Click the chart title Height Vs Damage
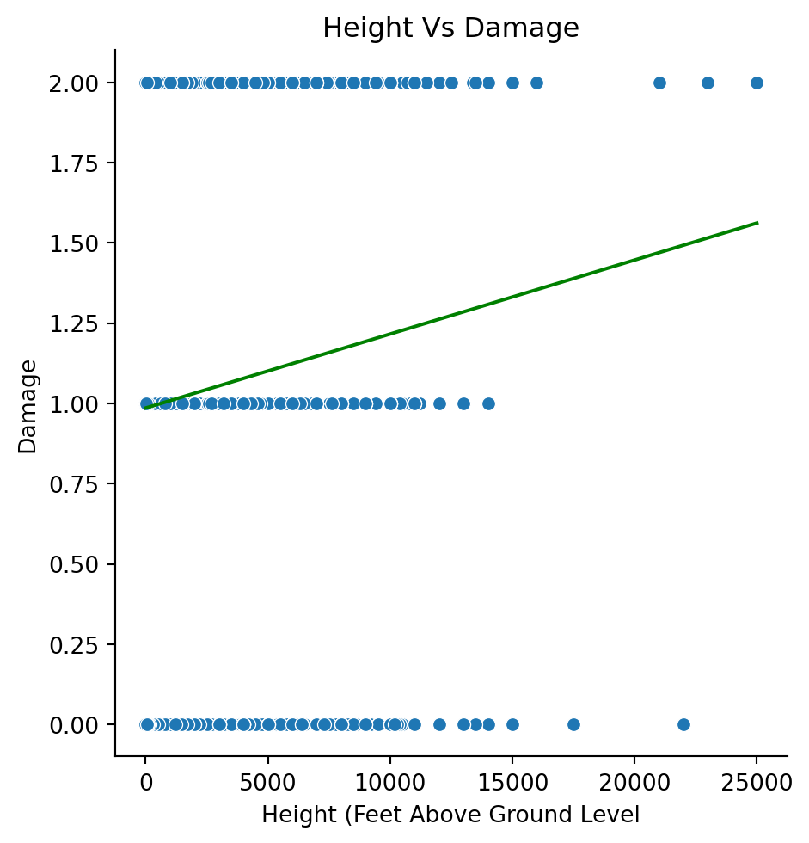(450, 28)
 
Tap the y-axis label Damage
(28, 406)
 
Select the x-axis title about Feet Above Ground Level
(450, 814)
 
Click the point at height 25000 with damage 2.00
(757, 83)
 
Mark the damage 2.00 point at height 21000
(659, 83)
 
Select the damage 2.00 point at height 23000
(708, 83)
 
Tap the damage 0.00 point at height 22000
(683, 724)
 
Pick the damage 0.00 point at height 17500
(573, 724)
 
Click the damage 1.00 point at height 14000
(488, 403)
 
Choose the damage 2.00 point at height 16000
(536, 83)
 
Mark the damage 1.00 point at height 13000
(463, 403)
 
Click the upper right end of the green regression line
(757, 223)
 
